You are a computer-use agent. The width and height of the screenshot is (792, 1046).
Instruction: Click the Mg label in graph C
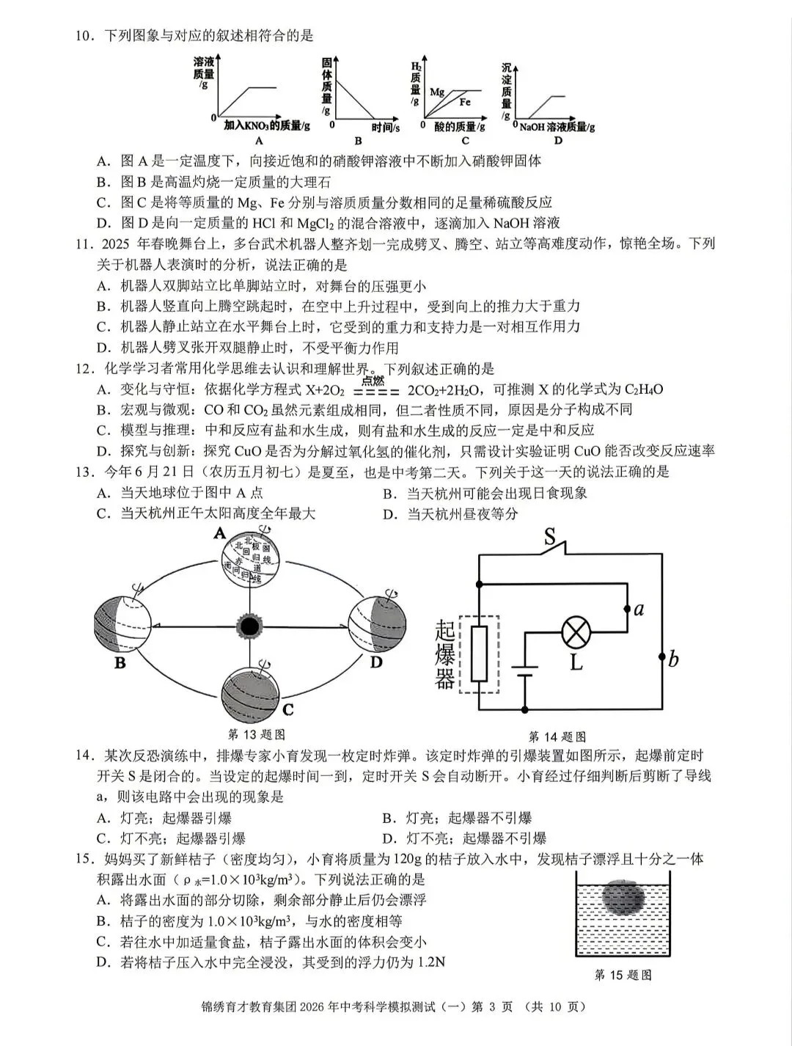coord(437,92)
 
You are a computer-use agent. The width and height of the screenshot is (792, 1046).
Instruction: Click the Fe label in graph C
coord(465,102)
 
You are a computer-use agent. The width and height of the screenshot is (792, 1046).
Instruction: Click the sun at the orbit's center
coord(249,626)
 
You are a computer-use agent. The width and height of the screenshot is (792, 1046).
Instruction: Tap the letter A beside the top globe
coord(219,534)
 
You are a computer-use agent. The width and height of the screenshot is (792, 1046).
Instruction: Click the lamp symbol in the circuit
coord(576,631)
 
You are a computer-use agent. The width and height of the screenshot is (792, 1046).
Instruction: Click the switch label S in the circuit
coord(550,538)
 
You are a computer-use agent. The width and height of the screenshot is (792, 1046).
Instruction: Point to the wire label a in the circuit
coord(639,608)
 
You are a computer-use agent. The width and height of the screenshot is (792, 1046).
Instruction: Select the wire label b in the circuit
coord(672,659)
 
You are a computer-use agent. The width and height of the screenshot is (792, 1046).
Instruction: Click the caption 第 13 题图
coord(256,734)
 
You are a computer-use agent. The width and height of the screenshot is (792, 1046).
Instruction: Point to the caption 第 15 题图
coord(623,975)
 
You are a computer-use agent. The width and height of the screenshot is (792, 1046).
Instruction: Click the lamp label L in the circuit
coord(576,662)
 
